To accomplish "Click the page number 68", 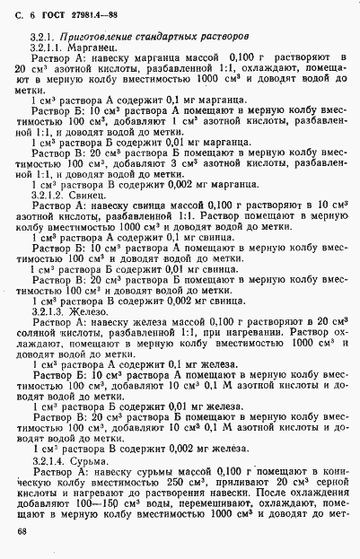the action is [x=22, y=531].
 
